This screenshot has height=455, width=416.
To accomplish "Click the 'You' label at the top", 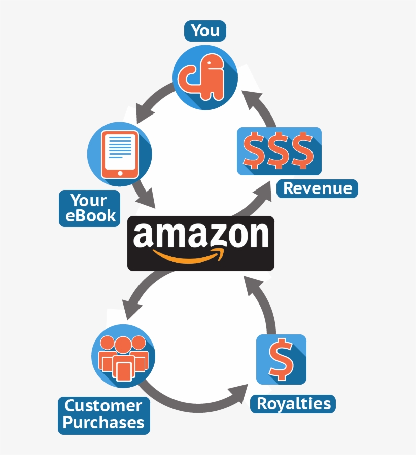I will pyautogui.click(x=205, y=31).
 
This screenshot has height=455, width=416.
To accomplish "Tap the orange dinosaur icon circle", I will pyautogui.click(x=205, y=77).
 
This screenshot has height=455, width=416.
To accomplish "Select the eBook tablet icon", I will pyautogui.click(x=120, y=154).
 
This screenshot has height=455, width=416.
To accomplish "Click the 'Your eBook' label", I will pyautogui.click(x=90, y=208).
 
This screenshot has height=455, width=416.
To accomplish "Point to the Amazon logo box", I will pyautogui.click(x=200, y=243).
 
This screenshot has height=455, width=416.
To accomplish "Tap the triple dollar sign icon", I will pyautogui.click(x=279, y=151).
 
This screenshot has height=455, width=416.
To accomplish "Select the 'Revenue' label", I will pyautogui.click(x=317, y=188).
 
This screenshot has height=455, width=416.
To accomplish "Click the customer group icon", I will pyautogui.click(x=123, y=356).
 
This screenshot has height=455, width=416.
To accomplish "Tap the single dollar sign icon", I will pyautogui.click(x=281, y=359).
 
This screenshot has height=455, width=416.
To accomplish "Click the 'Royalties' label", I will pyautogui.click(x=293, y=404).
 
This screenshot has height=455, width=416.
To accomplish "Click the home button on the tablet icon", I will pyautogui.click(x=120, y=173).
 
